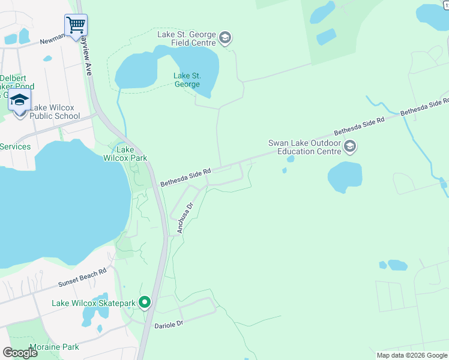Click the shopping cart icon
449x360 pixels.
pos(76,25)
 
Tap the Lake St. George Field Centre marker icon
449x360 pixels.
pos(225,39)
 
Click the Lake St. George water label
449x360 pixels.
pos(187,80)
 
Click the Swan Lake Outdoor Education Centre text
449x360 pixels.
pos(304,147)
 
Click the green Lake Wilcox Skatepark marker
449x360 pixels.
pos(145,302)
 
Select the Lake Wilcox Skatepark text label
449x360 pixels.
pos(94,304)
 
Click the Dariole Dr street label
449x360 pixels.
pos(168,325)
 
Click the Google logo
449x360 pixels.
pos(20,353)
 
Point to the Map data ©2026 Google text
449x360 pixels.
pos(411,355)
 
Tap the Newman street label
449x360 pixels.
pos(52,41)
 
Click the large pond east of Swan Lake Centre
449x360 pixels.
pos(345,176)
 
